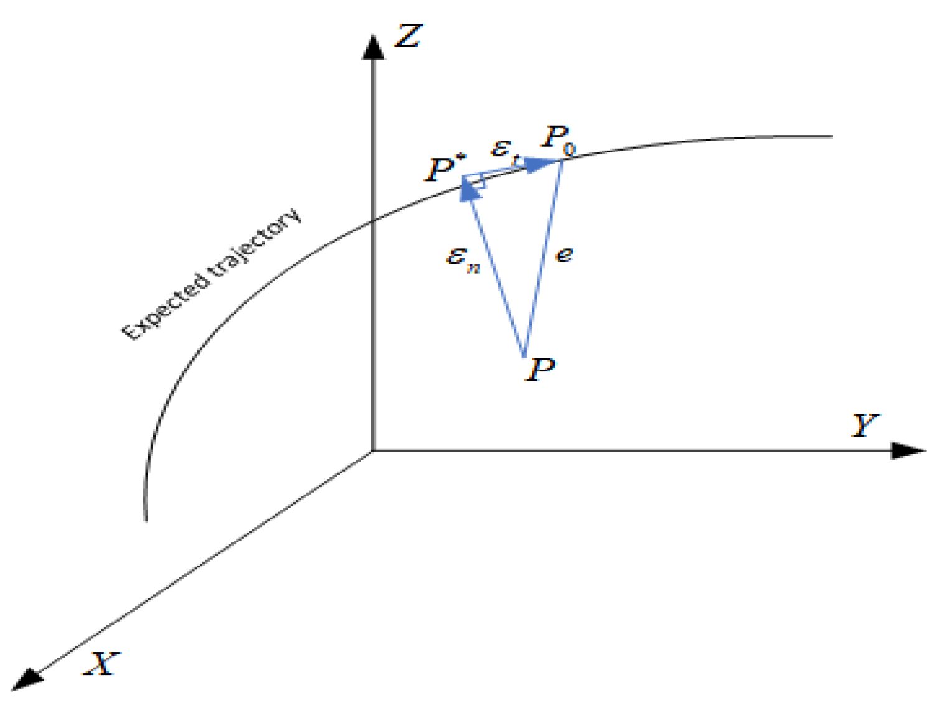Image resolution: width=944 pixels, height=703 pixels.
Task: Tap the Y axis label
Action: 865,425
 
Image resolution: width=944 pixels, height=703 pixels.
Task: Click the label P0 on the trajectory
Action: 559,138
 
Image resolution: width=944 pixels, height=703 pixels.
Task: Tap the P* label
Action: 444,169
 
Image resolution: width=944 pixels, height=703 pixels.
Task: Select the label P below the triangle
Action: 540,370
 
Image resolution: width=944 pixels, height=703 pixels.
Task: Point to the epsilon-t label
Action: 504,149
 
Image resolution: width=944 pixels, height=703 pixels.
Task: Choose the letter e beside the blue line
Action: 564,254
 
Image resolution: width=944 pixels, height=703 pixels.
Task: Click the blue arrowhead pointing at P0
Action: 542,164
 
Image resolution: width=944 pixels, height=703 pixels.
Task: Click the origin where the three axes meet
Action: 373,450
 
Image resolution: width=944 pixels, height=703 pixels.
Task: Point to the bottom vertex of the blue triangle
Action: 524,356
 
